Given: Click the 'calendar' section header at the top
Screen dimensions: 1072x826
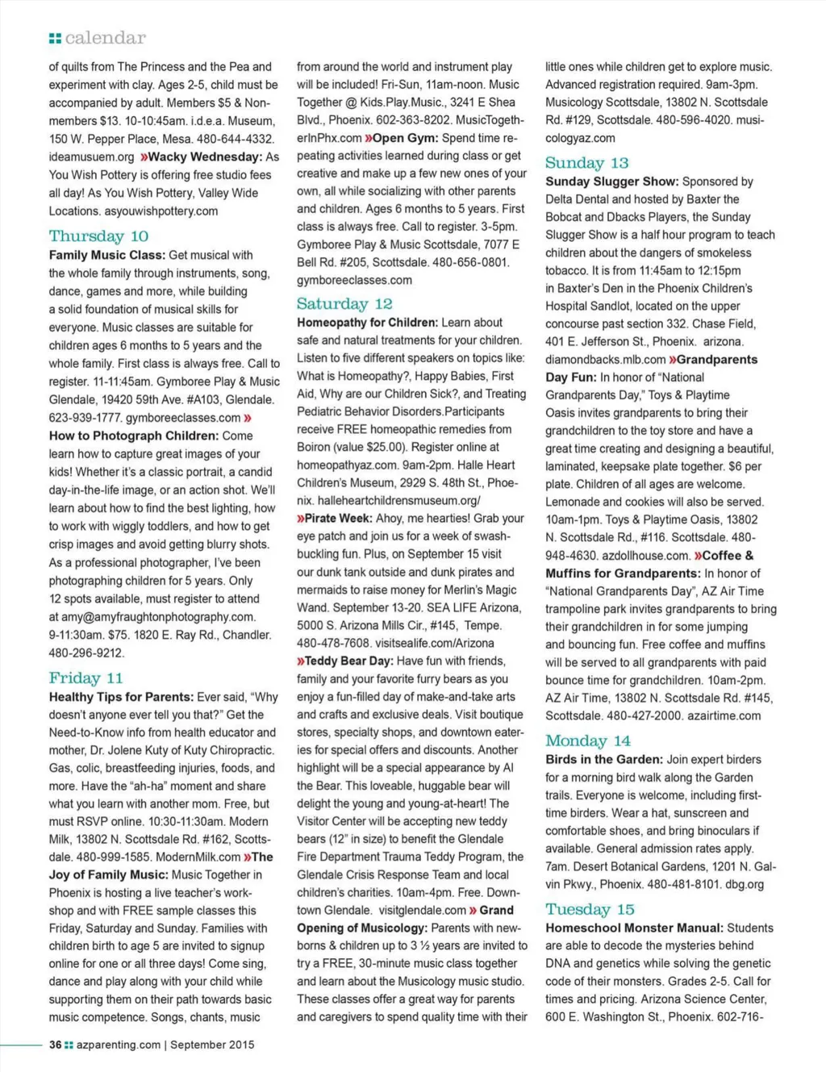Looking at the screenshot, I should pos(105,38).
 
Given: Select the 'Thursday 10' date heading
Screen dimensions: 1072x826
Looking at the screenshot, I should pos(98,236).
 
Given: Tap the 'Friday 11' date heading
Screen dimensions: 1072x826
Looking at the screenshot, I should pos(86,678).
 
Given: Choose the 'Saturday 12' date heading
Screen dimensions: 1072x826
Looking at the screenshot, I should pos(344,304).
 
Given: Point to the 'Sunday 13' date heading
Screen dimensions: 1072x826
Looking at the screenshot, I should pos(586,163).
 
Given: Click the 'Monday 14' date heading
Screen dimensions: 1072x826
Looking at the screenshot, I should pos(587,741).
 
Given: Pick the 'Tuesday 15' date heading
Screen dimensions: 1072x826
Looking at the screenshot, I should pos(590,910).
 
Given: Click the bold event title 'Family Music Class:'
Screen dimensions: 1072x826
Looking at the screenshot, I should pos(107,255).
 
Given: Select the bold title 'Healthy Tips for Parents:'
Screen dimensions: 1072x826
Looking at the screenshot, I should pos(121,697).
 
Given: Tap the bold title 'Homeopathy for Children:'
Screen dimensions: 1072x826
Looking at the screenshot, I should pos(367,323).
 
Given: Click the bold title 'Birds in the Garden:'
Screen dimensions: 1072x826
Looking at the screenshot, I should pos(604,760).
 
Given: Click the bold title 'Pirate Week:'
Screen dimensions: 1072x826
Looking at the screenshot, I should pos(338,519).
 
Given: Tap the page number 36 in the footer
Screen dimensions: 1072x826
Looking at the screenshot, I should pos(55,1045).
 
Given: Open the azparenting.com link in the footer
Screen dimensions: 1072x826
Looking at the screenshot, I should pos(118,1045).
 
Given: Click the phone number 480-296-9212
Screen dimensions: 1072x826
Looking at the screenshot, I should pos(86,653).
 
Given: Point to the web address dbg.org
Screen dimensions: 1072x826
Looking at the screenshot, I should pos(745,885).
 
